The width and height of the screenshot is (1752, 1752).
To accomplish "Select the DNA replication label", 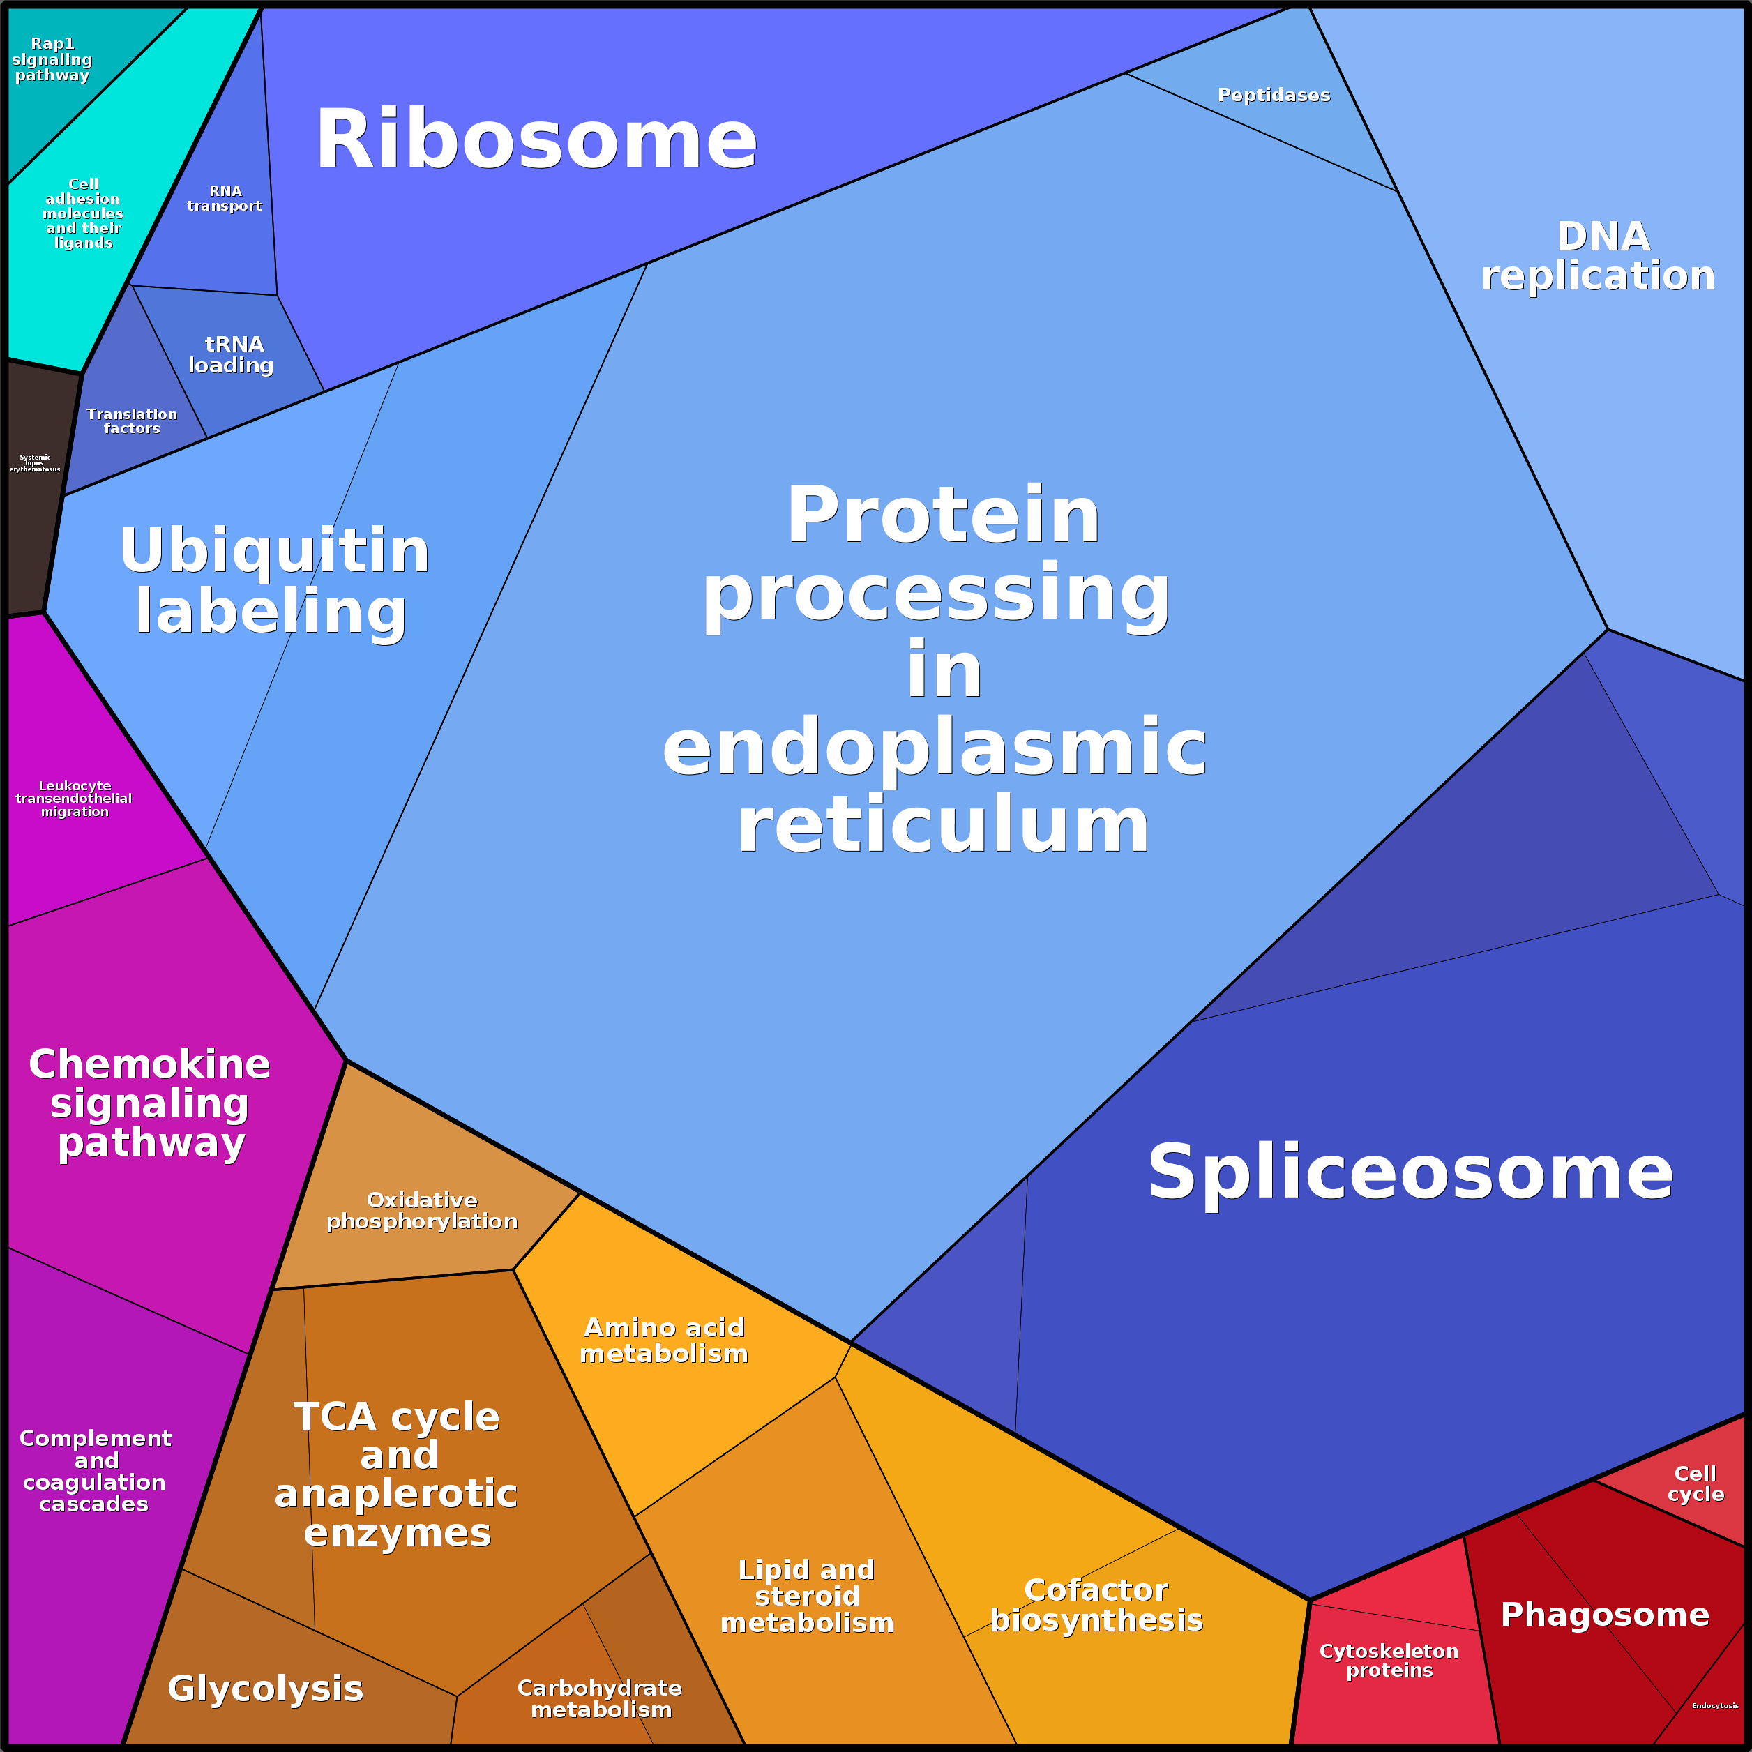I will point(1599,256).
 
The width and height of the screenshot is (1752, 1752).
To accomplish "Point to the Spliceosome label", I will point(1410,1172).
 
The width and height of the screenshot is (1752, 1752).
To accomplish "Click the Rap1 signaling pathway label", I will point(52,59).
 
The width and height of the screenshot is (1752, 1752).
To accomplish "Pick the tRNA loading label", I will point(232,354).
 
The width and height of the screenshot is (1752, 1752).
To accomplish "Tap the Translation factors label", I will point(132,421).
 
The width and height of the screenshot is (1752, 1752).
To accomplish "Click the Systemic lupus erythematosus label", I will point(34,463).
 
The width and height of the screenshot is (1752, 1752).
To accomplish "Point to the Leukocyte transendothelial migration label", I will point(75,798).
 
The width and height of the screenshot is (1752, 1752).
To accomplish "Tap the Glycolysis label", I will point(266,1688).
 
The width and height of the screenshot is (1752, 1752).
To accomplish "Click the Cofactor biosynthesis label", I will point(1096,1604).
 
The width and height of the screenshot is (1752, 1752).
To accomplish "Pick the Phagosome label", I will point(1604,1613).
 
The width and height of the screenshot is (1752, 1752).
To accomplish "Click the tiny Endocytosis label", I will point(1715,1706).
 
